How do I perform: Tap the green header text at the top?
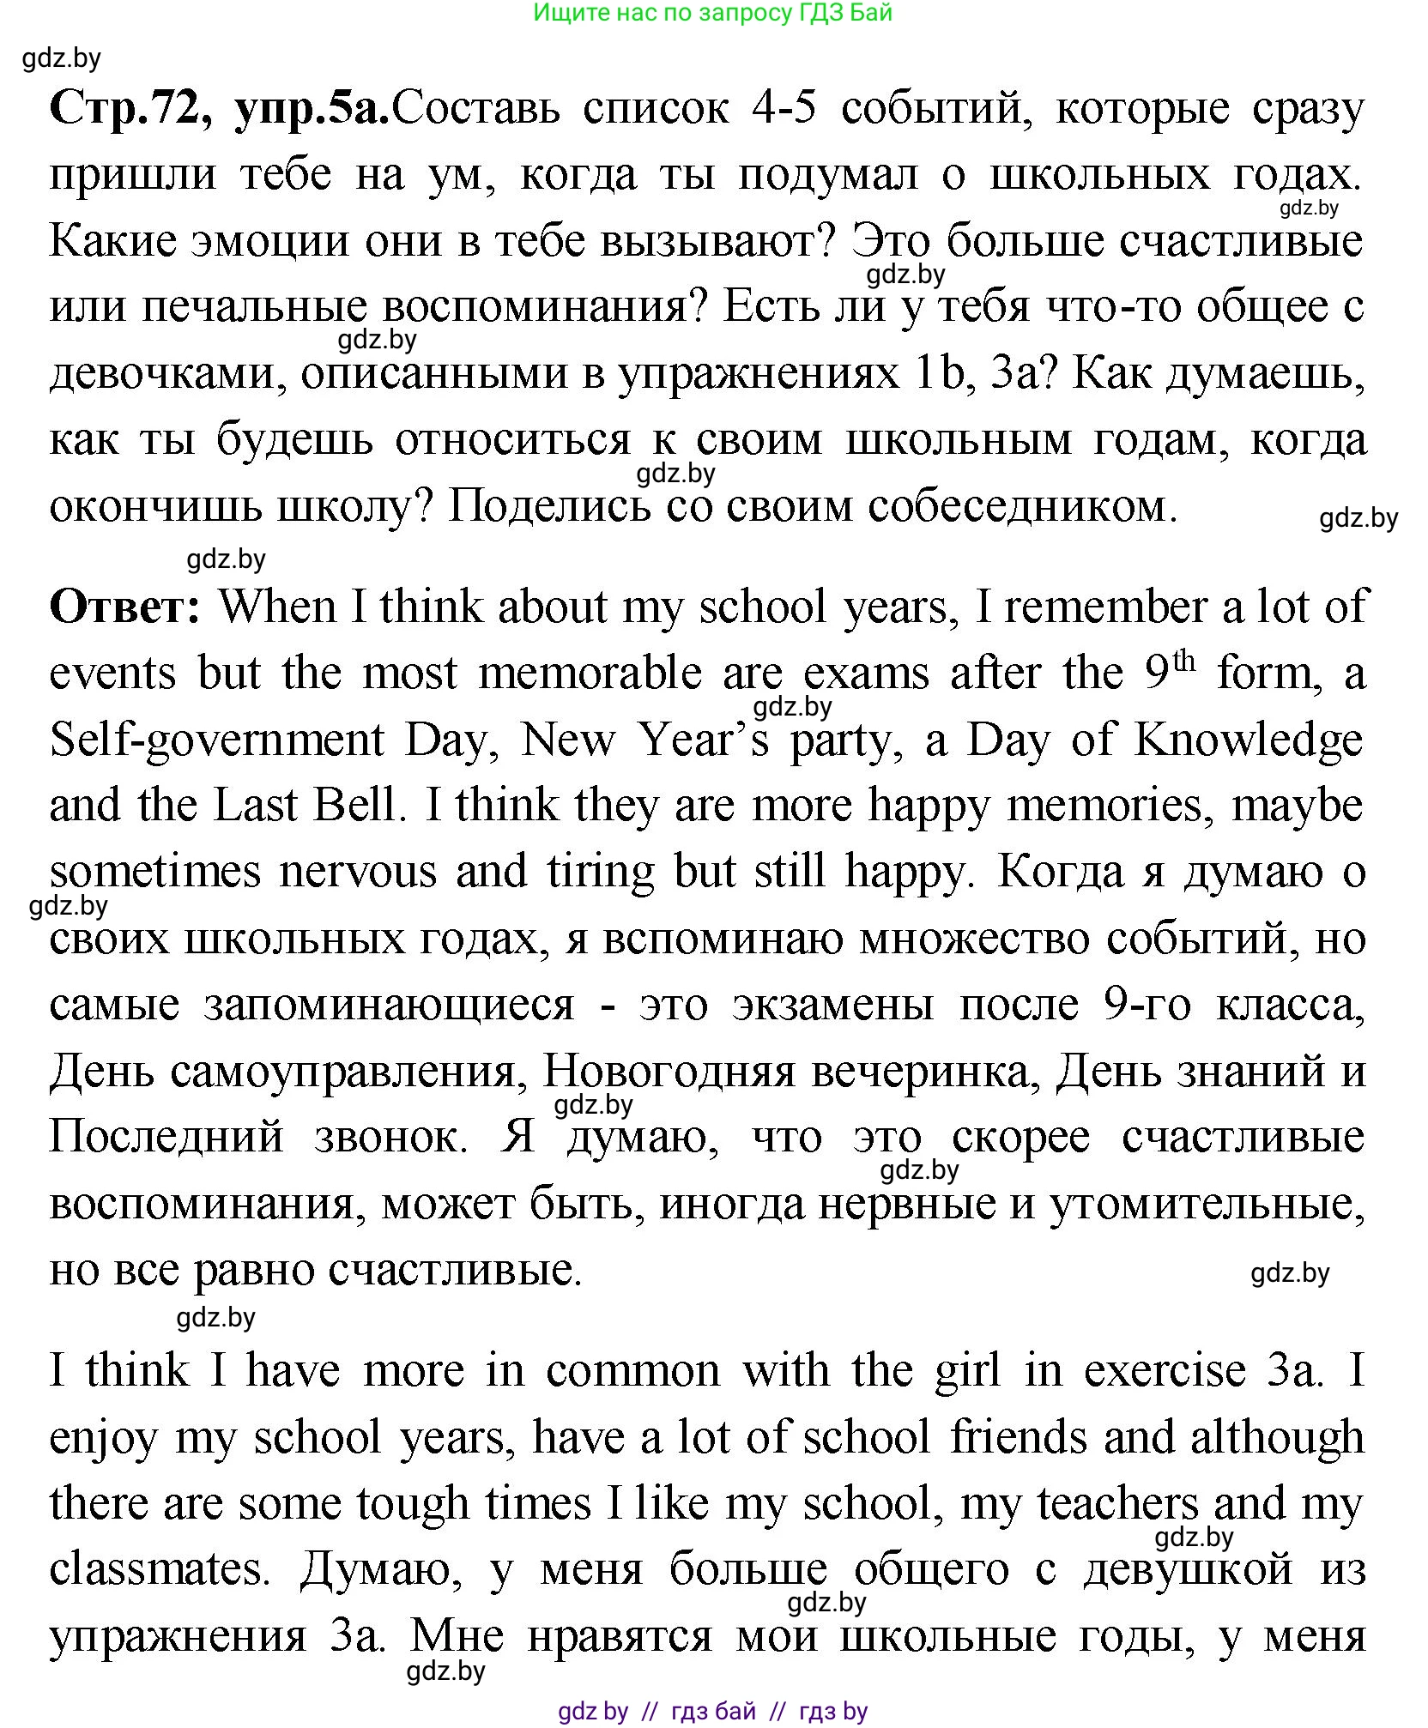click(712, 13)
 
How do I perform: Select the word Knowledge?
click(1249, 740)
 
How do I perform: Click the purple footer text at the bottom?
click(712, 1711)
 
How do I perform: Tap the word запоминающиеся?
click(388, 1005)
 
